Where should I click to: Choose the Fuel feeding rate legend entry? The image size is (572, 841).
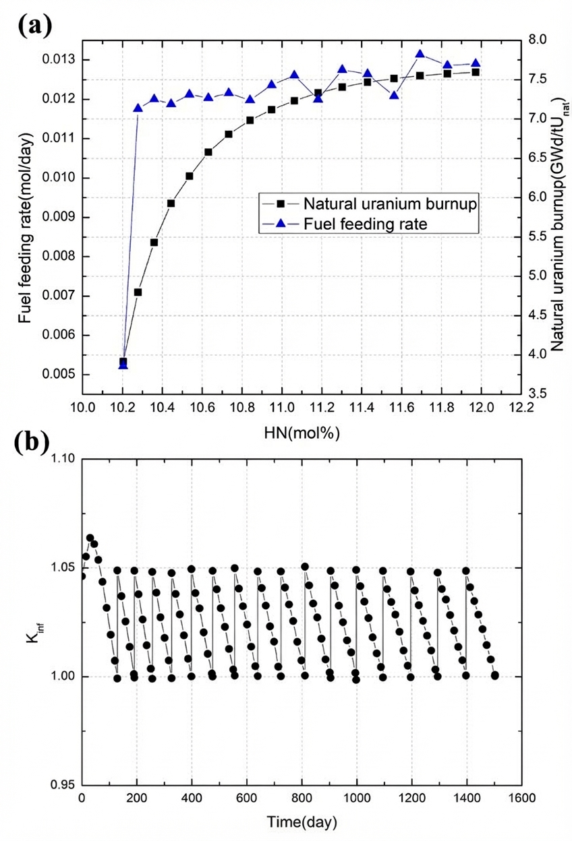point(365,224)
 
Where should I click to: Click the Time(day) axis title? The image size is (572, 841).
point(302,823)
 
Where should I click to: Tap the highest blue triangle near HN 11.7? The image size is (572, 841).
point(420,55)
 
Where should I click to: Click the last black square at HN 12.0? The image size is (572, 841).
point(476,72)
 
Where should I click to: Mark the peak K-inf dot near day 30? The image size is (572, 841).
point(90,538)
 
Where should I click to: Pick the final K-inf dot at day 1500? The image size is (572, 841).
point(494,675)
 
